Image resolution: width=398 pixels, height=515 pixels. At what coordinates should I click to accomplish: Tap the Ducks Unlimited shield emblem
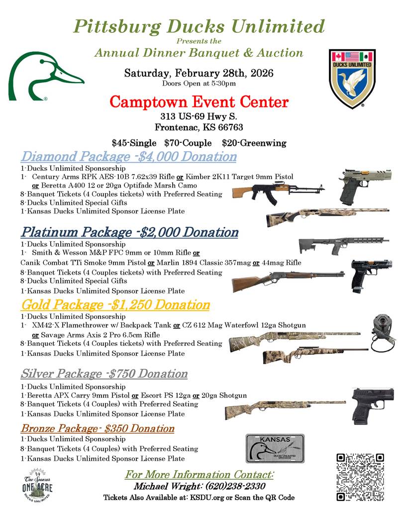point(352,78)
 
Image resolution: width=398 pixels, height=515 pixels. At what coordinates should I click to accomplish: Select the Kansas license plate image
point(275,448)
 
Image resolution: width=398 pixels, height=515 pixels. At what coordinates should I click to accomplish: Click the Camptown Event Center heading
point(199,103)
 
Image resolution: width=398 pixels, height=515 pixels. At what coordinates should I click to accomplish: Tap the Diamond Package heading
point(128,157)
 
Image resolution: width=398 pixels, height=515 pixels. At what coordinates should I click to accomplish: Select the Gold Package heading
point(115,305)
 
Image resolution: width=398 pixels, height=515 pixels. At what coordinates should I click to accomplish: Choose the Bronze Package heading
point(98,428)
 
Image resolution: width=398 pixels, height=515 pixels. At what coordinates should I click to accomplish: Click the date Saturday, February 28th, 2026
point(199,73)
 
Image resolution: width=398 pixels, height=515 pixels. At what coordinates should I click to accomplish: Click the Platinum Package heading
point(129,232)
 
